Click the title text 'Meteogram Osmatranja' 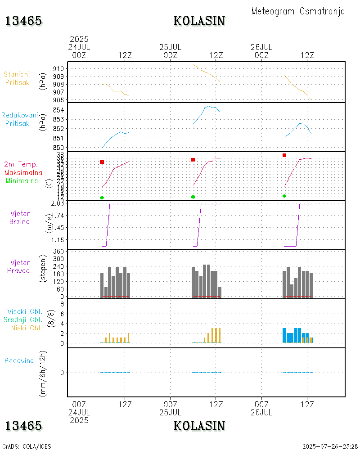click(298, 11)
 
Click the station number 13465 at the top click(23, 21)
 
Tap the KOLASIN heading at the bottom click(199, 425)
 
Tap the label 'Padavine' click(19, 360)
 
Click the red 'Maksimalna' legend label click(23, 172)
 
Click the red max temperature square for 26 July click(284, 155)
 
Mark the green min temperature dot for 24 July click(102, 198)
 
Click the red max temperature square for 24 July click(102, 162)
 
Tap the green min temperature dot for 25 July click(193, 197)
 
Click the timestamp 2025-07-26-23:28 click(330, 446)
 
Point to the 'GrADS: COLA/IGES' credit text click(27, 446)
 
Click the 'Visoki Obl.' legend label click(25, 312)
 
